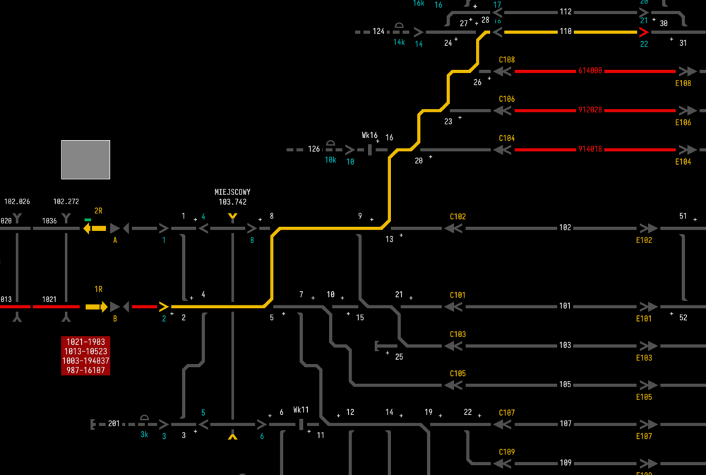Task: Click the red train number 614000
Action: point(590,71)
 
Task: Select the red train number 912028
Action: point(590,110)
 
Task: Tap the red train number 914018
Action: point(590,149)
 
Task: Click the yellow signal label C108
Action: point(506,60)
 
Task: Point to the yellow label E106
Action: point(683,122)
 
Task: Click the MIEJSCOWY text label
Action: point(232,192)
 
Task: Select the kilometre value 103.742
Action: point(232,202)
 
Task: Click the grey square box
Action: point(85,159)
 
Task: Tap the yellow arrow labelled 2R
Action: point(95,228)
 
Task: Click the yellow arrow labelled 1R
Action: point(96,307)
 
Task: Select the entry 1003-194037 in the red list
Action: point(85,360)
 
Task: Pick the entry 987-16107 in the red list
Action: point(85,370)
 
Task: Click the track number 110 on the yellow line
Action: point(566,32)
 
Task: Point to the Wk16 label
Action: point(369,135)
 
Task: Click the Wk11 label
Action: point(301,410)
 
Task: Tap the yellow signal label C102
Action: point(458,217)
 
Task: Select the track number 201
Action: point(114,424)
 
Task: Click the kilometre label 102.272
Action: point(66,201)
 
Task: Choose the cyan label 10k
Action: point(330,160)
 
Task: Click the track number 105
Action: point(565,385)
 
